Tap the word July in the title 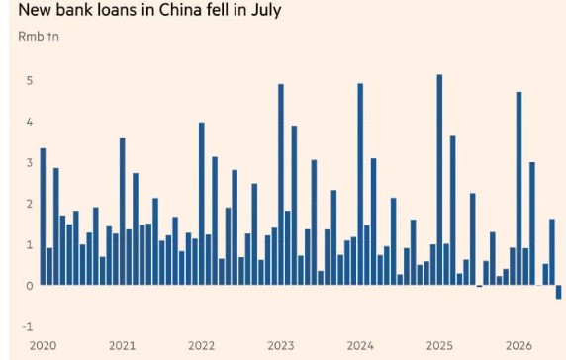[266, 11]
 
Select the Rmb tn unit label [39, 37]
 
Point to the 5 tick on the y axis [30, 80]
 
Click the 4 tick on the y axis [30, 122]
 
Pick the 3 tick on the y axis [30, 162]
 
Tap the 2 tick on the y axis [30, 204]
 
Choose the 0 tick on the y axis [30, 286]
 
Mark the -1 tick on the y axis [28, 327]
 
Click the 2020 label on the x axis [43, 346]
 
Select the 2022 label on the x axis [202, 346]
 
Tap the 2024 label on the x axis [360, 346]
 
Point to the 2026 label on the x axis [519, 346]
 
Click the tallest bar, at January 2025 [439, 180]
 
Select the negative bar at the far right [559, 292]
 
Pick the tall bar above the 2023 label [281, 184]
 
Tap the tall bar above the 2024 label [360, 184]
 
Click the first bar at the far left [43, 217]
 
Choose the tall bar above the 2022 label [202, 204]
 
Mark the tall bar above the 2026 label [519, 188]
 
